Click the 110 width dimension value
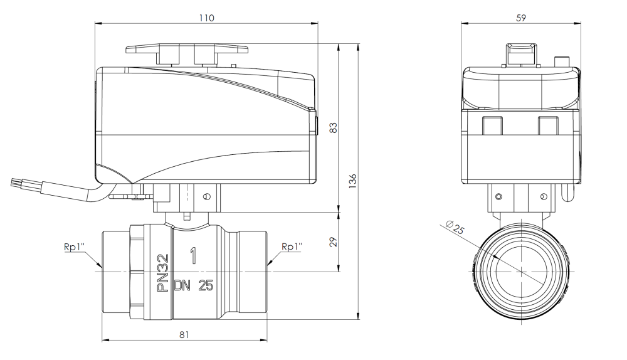point(206,18)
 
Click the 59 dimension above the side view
point(520,18)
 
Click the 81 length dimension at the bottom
point(184,335)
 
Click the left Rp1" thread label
point(74,246)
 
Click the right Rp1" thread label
point(292,246)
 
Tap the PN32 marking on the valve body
point(162,273)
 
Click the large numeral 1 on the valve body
point(193,255)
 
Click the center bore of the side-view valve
point(520,271)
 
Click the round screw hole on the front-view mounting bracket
point(207,196)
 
